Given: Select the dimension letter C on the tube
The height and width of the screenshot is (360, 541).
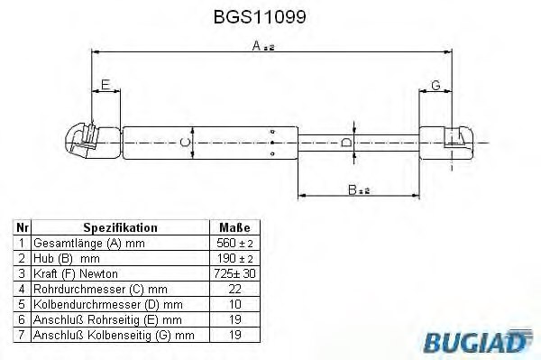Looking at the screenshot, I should [x=184, y=142].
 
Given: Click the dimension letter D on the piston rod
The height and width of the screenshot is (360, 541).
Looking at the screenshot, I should [x=348, y=142].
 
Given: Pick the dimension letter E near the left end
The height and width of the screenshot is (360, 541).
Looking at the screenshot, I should [x=105, y=86].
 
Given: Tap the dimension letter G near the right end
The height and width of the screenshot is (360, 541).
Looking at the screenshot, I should [x=436, y=86].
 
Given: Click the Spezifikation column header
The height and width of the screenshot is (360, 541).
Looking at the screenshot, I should [x=120, y=228].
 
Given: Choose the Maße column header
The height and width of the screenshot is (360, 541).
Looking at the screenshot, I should [x=234, y=228].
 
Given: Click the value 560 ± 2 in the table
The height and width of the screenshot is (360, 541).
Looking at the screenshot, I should [x=234, y=244].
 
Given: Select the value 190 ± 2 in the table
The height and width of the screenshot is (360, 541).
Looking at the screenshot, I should [x=234, y=259].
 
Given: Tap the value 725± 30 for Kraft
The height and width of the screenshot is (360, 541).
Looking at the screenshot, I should [x=234, y=273].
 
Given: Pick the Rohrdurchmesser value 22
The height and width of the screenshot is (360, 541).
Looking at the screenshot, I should [x=234, y=289].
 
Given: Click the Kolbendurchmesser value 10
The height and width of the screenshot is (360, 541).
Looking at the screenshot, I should [x=234, y=304].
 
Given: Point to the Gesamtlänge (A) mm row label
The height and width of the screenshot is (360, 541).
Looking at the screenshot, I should [x=88, y=244].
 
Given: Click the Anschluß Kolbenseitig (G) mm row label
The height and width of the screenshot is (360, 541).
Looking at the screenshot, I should [x=114, y=335].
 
